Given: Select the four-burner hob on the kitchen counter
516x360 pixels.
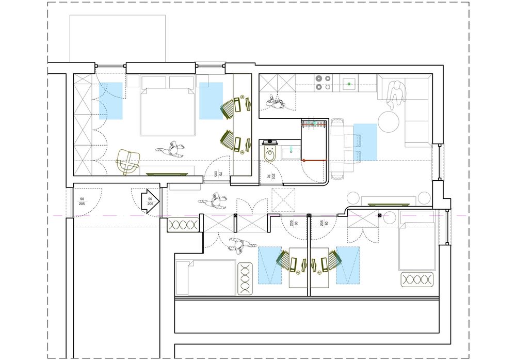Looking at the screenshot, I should pos(323,83).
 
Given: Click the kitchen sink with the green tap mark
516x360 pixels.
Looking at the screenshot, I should pos(350,83).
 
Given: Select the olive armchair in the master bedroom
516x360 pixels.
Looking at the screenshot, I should pos(127,161).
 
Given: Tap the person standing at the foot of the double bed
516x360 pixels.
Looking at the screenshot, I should pos(172,150).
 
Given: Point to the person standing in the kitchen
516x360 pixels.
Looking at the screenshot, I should pos(275,103).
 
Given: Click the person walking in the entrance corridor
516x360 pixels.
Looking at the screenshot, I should pos(216,201).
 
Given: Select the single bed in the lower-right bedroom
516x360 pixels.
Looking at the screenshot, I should pos(416,246).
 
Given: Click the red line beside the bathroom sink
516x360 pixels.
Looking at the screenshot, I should pos(314,161).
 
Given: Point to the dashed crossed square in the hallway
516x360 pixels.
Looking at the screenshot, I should pos(283,200).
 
